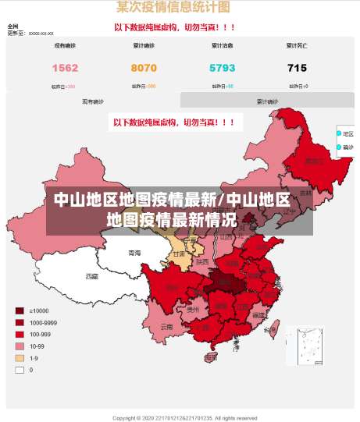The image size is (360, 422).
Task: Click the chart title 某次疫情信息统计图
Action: [x=173, y=8]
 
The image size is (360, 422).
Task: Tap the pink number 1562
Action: [x=65, y=69]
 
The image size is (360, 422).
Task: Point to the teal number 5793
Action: [x=222, y=69]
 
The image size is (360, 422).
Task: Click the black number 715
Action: [x=297, y=69]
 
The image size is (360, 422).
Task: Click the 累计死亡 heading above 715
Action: [x=297, y=46]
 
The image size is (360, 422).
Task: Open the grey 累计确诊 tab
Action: [x=267, y=101]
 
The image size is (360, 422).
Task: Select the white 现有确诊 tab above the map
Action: [x=93, y=101]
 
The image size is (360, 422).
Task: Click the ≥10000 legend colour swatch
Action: [x=20, y=310]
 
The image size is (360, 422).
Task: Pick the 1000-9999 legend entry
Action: [x=42, y=322]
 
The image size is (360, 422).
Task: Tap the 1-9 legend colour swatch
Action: [x=20, y=358]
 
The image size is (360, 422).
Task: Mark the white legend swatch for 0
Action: [x=20, y=370]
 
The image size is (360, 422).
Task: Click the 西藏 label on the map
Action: [x=92, y=276]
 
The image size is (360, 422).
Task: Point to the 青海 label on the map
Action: [x=134, y=254]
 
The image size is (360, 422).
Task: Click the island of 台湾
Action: [x=271, y=331]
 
